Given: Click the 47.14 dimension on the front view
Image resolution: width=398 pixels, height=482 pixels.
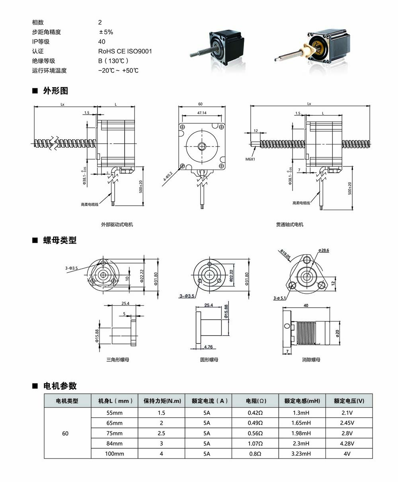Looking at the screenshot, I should point(201,113).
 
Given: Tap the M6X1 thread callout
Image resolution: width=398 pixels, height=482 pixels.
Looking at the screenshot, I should point(250,159).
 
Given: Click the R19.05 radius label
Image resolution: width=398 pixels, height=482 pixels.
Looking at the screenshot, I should point(285,254).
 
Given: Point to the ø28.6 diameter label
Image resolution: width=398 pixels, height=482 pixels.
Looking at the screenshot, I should point(324,250).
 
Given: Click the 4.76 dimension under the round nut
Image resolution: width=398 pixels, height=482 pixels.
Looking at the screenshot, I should point(207,347).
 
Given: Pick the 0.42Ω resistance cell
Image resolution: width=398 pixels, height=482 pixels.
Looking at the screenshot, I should point(255,413).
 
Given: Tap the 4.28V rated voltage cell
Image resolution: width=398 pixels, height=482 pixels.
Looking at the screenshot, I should point(349,443).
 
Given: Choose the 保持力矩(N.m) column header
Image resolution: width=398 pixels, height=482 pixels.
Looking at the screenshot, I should point(162,401).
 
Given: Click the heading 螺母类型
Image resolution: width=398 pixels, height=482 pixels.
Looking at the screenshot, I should point(60,240).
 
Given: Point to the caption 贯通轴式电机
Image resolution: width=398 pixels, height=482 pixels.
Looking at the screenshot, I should point(290,224).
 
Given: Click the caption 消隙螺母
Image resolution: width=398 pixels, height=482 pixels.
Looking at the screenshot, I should point(311,360).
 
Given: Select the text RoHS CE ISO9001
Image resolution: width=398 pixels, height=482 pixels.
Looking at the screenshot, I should point(125,51).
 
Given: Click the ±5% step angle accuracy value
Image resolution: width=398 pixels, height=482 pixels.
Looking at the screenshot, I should point(106,32).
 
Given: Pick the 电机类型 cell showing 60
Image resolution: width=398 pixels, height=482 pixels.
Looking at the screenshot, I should point(65,433).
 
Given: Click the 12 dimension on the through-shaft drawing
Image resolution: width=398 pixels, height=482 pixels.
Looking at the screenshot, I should point(256,131).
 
